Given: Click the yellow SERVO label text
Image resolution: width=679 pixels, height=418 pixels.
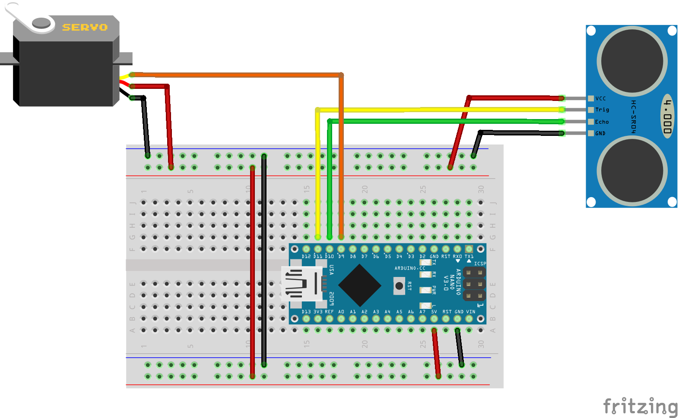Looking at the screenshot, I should pos(85,28).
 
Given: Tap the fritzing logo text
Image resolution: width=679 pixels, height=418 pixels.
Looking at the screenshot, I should pos(640,407).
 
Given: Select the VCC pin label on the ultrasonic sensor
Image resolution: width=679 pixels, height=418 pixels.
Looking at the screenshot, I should pos(600,99).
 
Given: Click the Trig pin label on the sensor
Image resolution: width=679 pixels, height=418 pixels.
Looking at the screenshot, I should pos(602,110).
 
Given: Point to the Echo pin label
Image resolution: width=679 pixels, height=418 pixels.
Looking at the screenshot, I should pos(602,122).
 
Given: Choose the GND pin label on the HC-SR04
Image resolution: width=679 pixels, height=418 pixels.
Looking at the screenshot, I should pos(600,134).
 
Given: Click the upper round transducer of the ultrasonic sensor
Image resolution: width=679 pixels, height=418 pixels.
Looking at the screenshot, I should pos(632,61).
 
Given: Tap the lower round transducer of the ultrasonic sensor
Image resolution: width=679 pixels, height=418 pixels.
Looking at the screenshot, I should pos(632,171).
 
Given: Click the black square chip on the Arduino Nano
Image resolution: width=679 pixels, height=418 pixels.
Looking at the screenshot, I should pos(359,285).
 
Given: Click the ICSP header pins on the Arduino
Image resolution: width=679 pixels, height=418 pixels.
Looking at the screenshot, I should pos(474,284).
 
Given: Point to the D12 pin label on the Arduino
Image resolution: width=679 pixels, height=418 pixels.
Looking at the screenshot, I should pos(306,257).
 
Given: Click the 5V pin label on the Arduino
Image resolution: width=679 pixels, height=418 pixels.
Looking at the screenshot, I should pos(434,312).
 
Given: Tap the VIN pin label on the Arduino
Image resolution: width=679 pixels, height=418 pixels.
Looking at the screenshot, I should pos(470,312).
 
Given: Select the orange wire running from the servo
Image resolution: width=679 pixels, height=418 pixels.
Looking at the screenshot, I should pos(238,75).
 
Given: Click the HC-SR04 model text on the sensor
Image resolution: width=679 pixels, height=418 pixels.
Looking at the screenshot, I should pos(633,116).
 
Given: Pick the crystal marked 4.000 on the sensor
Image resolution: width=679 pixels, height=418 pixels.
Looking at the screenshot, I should pos(668,116).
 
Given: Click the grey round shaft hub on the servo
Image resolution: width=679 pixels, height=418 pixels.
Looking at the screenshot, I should pos(41,22).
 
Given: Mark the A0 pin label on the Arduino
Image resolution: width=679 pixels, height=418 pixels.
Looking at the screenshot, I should pos(341,312).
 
